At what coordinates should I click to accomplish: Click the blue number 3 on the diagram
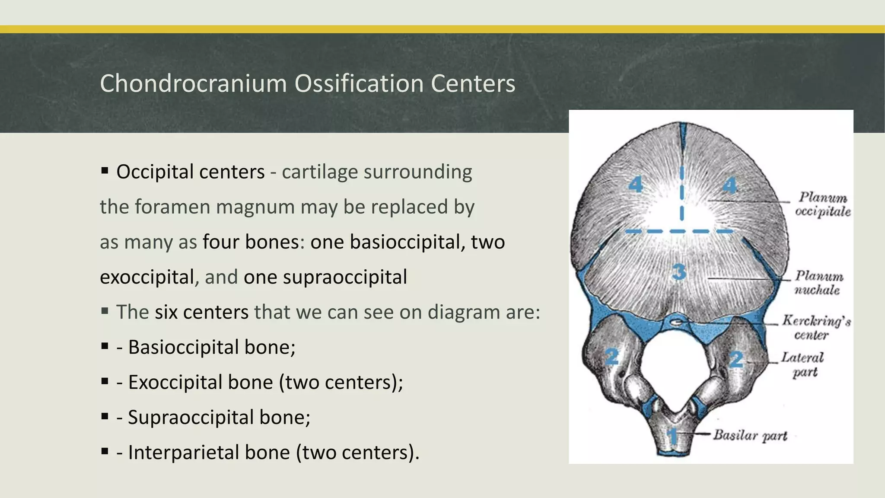[679, 272]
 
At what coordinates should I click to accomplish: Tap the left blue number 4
[636, 185]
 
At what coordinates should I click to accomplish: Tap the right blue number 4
[730, 185]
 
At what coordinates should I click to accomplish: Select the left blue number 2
[611, 357]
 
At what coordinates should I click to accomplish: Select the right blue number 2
[736, 359]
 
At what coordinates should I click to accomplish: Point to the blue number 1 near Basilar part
[672, 436]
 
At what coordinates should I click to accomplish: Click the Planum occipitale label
[822, 204]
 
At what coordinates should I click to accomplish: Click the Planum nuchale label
[818, 283]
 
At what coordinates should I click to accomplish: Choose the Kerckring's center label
[816, 327]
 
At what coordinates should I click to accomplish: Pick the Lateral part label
[802, 364]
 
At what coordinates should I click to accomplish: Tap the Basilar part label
[750, 435]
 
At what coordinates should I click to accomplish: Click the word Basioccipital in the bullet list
[183, 347]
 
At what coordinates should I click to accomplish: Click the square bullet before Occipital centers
[105, 171]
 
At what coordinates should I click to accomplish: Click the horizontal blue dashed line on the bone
[679, 232]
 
